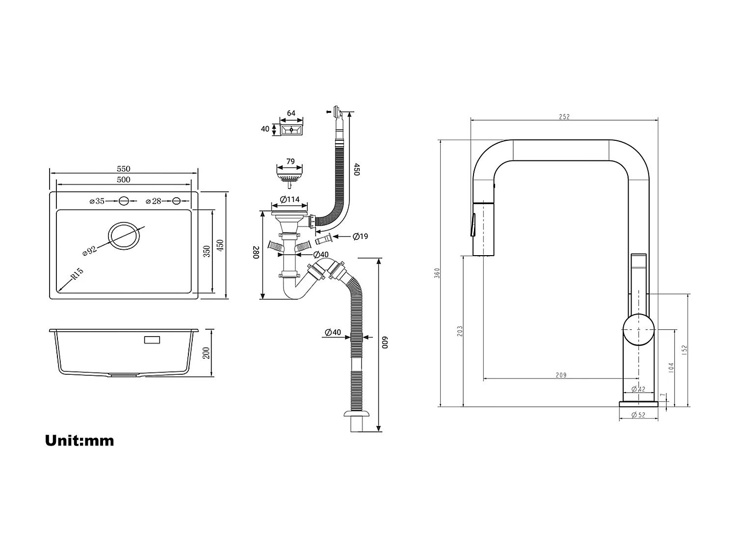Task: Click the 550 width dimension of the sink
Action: click(x=124, y=169)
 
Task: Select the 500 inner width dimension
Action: click(x=124, y=180)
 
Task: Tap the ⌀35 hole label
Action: click(x=98, y=201)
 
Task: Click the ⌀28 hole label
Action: click(x=154, y=201)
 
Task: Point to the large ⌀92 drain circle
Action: click(x=124, y=237)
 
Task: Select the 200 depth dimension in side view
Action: click(x=206, y=352)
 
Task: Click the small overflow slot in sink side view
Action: click(x=153, y=340)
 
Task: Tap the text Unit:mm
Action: click(x=79, y=440)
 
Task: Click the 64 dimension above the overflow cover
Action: click(x=291, y=113)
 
